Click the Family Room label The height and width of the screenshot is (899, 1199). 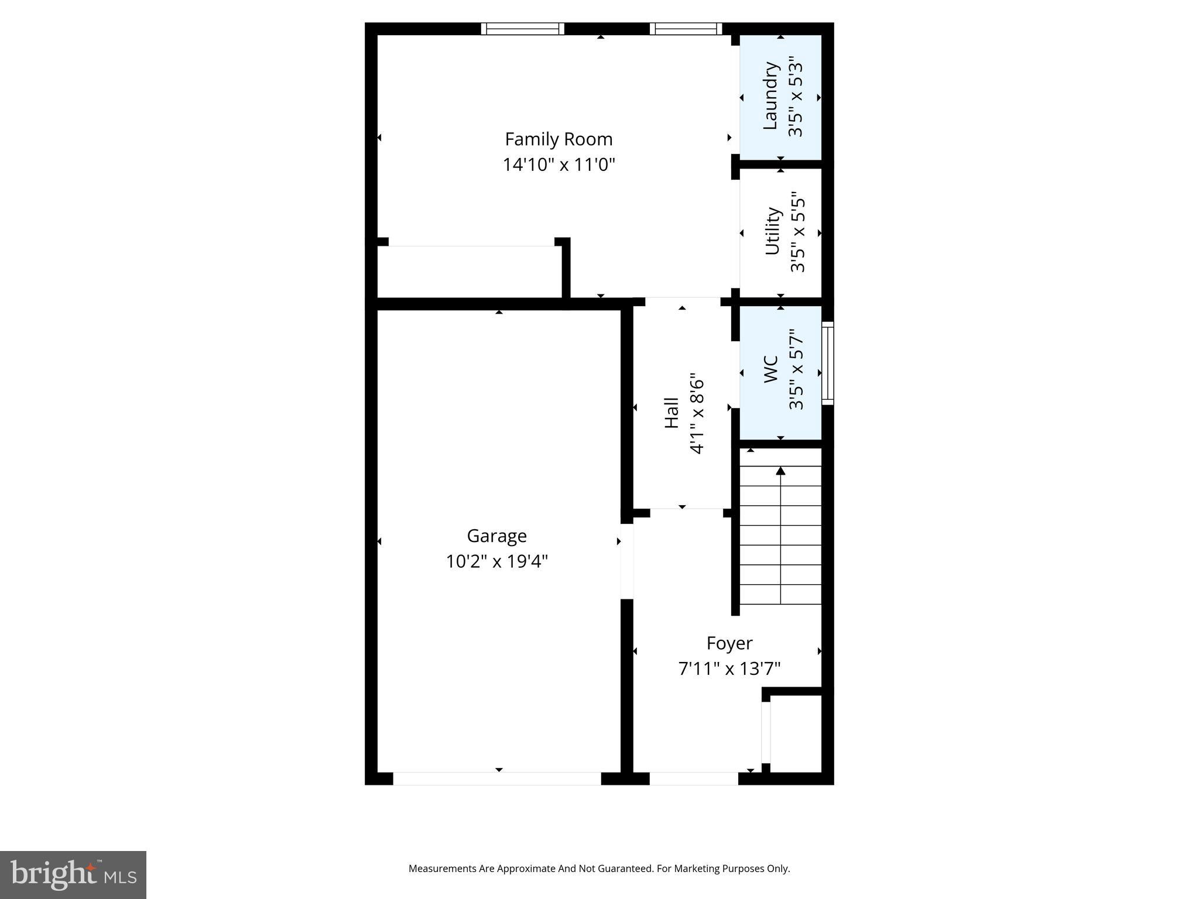pyautogui.click(x=559, y=139)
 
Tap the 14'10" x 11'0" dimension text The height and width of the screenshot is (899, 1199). pyautogui.click(x=559, y=165)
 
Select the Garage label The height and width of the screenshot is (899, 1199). pyautogui.click(x=496, y=536)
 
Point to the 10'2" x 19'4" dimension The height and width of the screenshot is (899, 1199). pyautogui.click(x=496, y=562)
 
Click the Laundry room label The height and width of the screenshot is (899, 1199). pyautogui.click(x=770, y=96)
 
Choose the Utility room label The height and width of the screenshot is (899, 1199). pyautogui.click(x=772, y=231)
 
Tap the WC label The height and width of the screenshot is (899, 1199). pyautogui.click(x=771, y=369)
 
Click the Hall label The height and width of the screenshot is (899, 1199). pyautogui.click(x=672, y=413)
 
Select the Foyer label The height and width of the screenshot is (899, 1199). pyautogui.click(x=729, y=643)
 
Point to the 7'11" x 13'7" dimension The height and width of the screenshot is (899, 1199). pyautogui.click(x=729, y=668)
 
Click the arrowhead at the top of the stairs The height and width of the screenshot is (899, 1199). pyautogui.click(x=780, y=471)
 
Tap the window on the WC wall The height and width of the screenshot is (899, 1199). pyautogui.click(x=827, y=363)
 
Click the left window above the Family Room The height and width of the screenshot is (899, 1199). pyautogui.click(x=522, y=29)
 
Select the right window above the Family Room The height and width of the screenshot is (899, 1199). pyautogui.click(x=686, y=29)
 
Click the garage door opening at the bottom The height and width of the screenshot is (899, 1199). pyautogui.click(x=496, y=778)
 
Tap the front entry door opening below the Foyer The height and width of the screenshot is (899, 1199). pyautogui.click(x=694, y=778)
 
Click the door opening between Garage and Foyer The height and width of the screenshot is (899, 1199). pyautogui.click(x=626, y=561)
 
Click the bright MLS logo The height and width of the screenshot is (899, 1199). pyautogui.click(x=73, y=875)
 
